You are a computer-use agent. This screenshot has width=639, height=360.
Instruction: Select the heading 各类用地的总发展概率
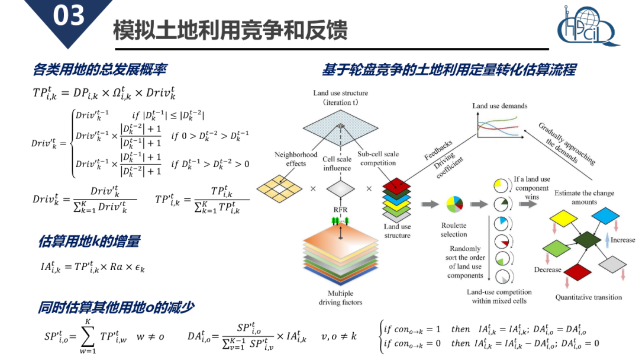click(x=99, y=69)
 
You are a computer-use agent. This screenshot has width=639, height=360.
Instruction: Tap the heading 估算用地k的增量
click(x=89, y=242)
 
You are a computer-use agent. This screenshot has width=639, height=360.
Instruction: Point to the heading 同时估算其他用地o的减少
click(x=116, y=307)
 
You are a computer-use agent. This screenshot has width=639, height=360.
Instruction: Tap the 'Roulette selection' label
click(x=454, y=230)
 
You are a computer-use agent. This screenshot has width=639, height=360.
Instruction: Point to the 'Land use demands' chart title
click(x=499, y=106)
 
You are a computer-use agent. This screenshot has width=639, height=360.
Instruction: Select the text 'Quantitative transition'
click(x=588, y=297)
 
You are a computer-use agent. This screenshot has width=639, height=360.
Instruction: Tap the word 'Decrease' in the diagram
click(x=547, y=269)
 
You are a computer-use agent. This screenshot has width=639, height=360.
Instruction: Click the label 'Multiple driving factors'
click(x=340, y=298)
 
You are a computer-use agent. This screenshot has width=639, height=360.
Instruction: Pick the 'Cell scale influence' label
click(x=337, y=163)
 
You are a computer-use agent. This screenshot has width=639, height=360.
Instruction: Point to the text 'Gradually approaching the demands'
click(x=567, y=144)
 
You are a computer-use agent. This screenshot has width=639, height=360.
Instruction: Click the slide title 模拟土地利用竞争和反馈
click(x=230, y=31)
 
